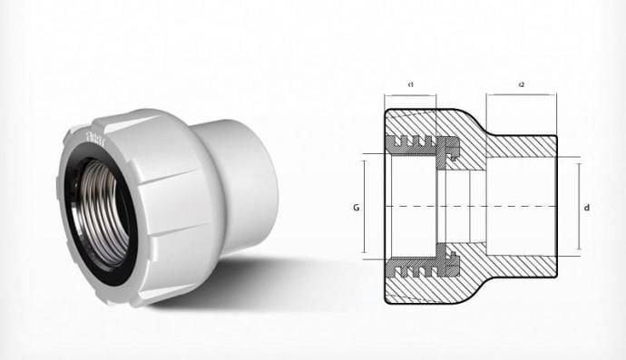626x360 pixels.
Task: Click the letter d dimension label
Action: [588, 208]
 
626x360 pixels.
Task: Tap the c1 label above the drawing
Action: [411, 84]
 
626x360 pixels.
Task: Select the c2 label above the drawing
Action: [522, 84]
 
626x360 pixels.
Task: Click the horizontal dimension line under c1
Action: [411, 95]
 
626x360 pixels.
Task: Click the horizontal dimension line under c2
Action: [522, 95]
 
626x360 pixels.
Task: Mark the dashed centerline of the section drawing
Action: [472, 207]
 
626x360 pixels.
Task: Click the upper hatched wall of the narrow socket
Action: [522, 145]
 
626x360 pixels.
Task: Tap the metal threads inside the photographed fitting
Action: [104, 204]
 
